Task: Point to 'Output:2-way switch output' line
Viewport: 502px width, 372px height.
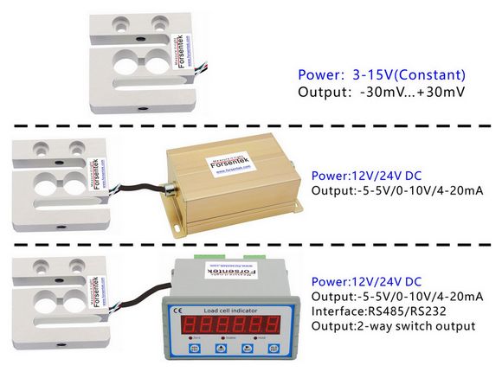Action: (393, 326)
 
